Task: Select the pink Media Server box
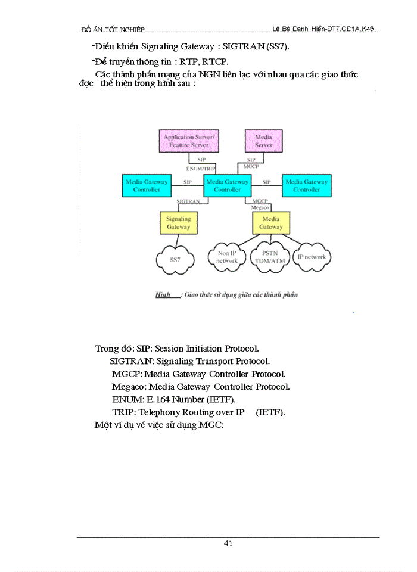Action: pos(263,141)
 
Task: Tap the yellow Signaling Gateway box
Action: pos(178,223)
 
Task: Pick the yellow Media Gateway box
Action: pos(271,223)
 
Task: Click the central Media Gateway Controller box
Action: pos(228,185)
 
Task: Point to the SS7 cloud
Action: pos(175,260)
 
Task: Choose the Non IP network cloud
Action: pos(226,257)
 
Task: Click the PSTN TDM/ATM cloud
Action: pos(270,257)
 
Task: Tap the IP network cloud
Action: pos(312,257)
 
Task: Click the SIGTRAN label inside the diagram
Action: pos(188,202)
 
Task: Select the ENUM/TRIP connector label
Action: pos(201,169)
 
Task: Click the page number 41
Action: pos(228,543)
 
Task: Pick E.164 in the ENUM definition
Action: pos(159,399)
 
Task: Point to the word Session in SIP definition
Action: pos(171,348)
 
